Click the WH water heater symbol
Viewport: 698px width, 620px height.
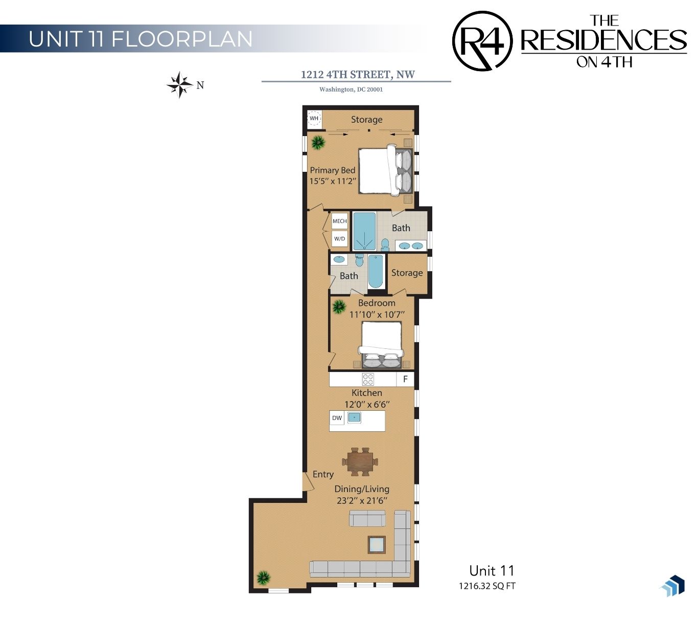(314, 118)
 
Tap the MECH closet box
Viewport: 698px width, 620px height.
(339, 221)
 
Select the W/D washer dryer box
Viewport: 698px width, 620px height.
(339, 239)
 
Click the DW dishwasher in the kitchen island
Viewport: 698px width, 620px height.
(337, 418)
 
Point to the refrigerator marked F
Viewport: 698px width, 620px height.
(405, 379)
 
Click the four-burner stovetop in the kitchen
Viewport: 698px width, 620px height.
(368, 379)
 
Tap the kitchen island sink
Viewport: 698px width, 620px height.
(354, 417)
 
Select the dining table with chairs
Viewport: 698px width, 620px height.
(360, 461)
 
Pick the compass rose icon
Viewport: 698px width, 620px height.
(179, 85)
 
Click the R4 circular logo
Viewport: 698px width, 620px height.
(482, 41)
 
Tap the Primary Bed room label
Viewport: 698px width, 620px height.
(333, 170)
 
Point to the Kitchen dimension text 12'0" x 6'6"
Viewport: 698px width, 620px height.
(367, 404)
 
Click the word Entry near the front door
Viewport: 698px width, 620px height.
(323, 474)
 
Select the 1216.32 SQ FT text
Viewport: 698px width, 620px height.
(487, 586)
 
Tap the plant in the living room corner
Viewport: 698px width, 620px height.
(263, 577)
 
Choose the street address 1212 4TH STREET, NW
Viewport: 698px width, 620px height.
(358, 75)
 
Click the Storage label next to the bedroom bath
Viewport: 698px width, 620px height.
(407, 273)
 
